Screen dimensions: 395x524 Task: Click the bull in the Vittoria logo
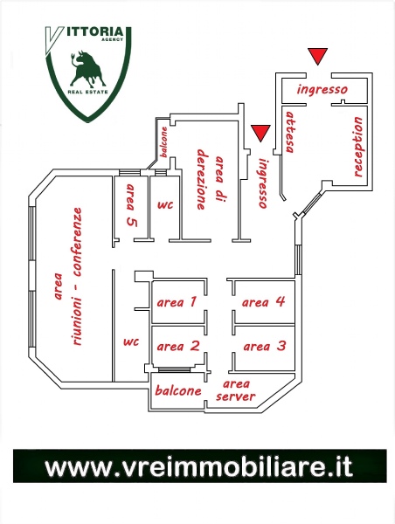pyautogui.click(x=87, y=69)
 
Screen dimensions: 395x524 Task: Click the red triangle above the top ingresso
pyautogui.click(x=317, y=56)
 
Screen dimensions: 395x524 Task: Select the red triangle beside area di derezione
pyautogui.click(x=260, y=133)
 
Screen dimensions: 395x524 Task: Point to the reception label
pyautogui.click(x=358, y=147)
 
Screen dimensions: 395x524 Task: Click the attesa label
pyautogui.click(x=289, y=132)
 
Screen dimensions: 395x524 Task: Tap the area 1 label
pyautogui.click(x=177, y=302)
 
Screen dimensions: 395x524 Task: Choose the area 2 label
pyautogui.click(x=178, y=346)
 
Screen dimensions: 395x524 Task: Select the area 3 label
pyautogui.click(x=265, y=346)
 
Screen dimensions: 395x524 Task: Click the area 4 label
pyautogui.click(x=263, y=302)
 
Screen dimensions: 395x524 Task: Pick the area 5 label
pyautogui.click(x=131, y=205)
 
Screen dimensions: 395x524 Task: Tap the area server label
pyautogui.click(x=235, y=390)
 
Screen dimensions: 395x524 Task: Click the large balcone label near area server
pyautogui.click(x=178, y=390)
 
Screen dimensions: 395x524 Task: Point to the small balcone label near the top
pyautogui.click(x=164, y=142)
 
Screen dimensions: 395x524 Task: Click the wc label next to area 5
pyautogui.click(x=165, y=204)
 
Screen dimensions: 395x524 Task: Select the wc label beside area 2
pyautogui.click(x=131, y=341)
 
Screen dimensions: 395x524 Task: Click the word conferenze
pyautogui.click(x=77, y=242)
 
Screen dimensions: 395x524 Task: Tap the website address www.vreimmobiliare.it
pyautogui.click(x=199, y=466)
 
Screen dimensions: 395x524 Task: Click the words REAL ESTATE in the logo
pyautogui.click(x=87, y=92)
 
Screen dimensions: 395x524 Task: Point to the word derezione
pyautogui.click(x=202, y=179)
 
